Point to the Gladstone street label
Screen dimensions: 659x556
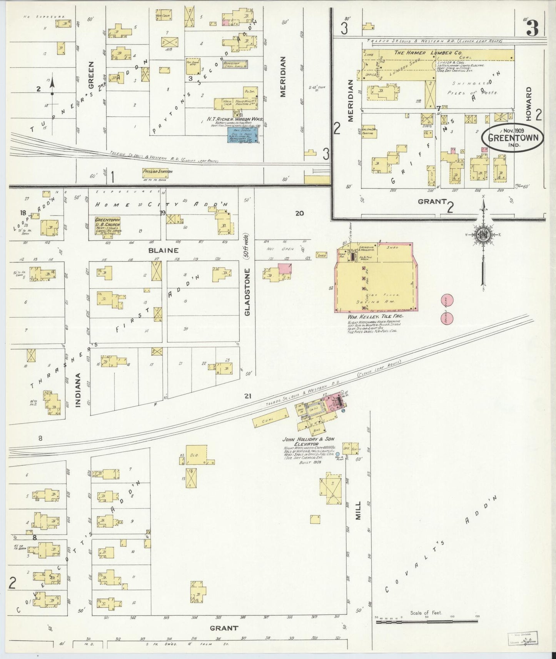click(x=247, y=292)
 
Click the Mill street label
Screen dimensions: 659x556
click(x=358, y=510)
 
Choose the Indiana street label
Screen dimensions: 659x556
click(x=78, y=390)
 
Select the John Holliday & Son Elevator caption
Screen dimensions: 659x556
click(x=309, y=441)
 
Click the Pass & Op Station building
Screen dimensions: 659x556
click(x=157, y=172)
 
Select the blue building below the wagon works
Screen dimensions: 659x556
click(x=243, y=136)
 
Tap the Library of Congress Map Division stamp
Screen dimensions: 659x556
click(x=522, y=638)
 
